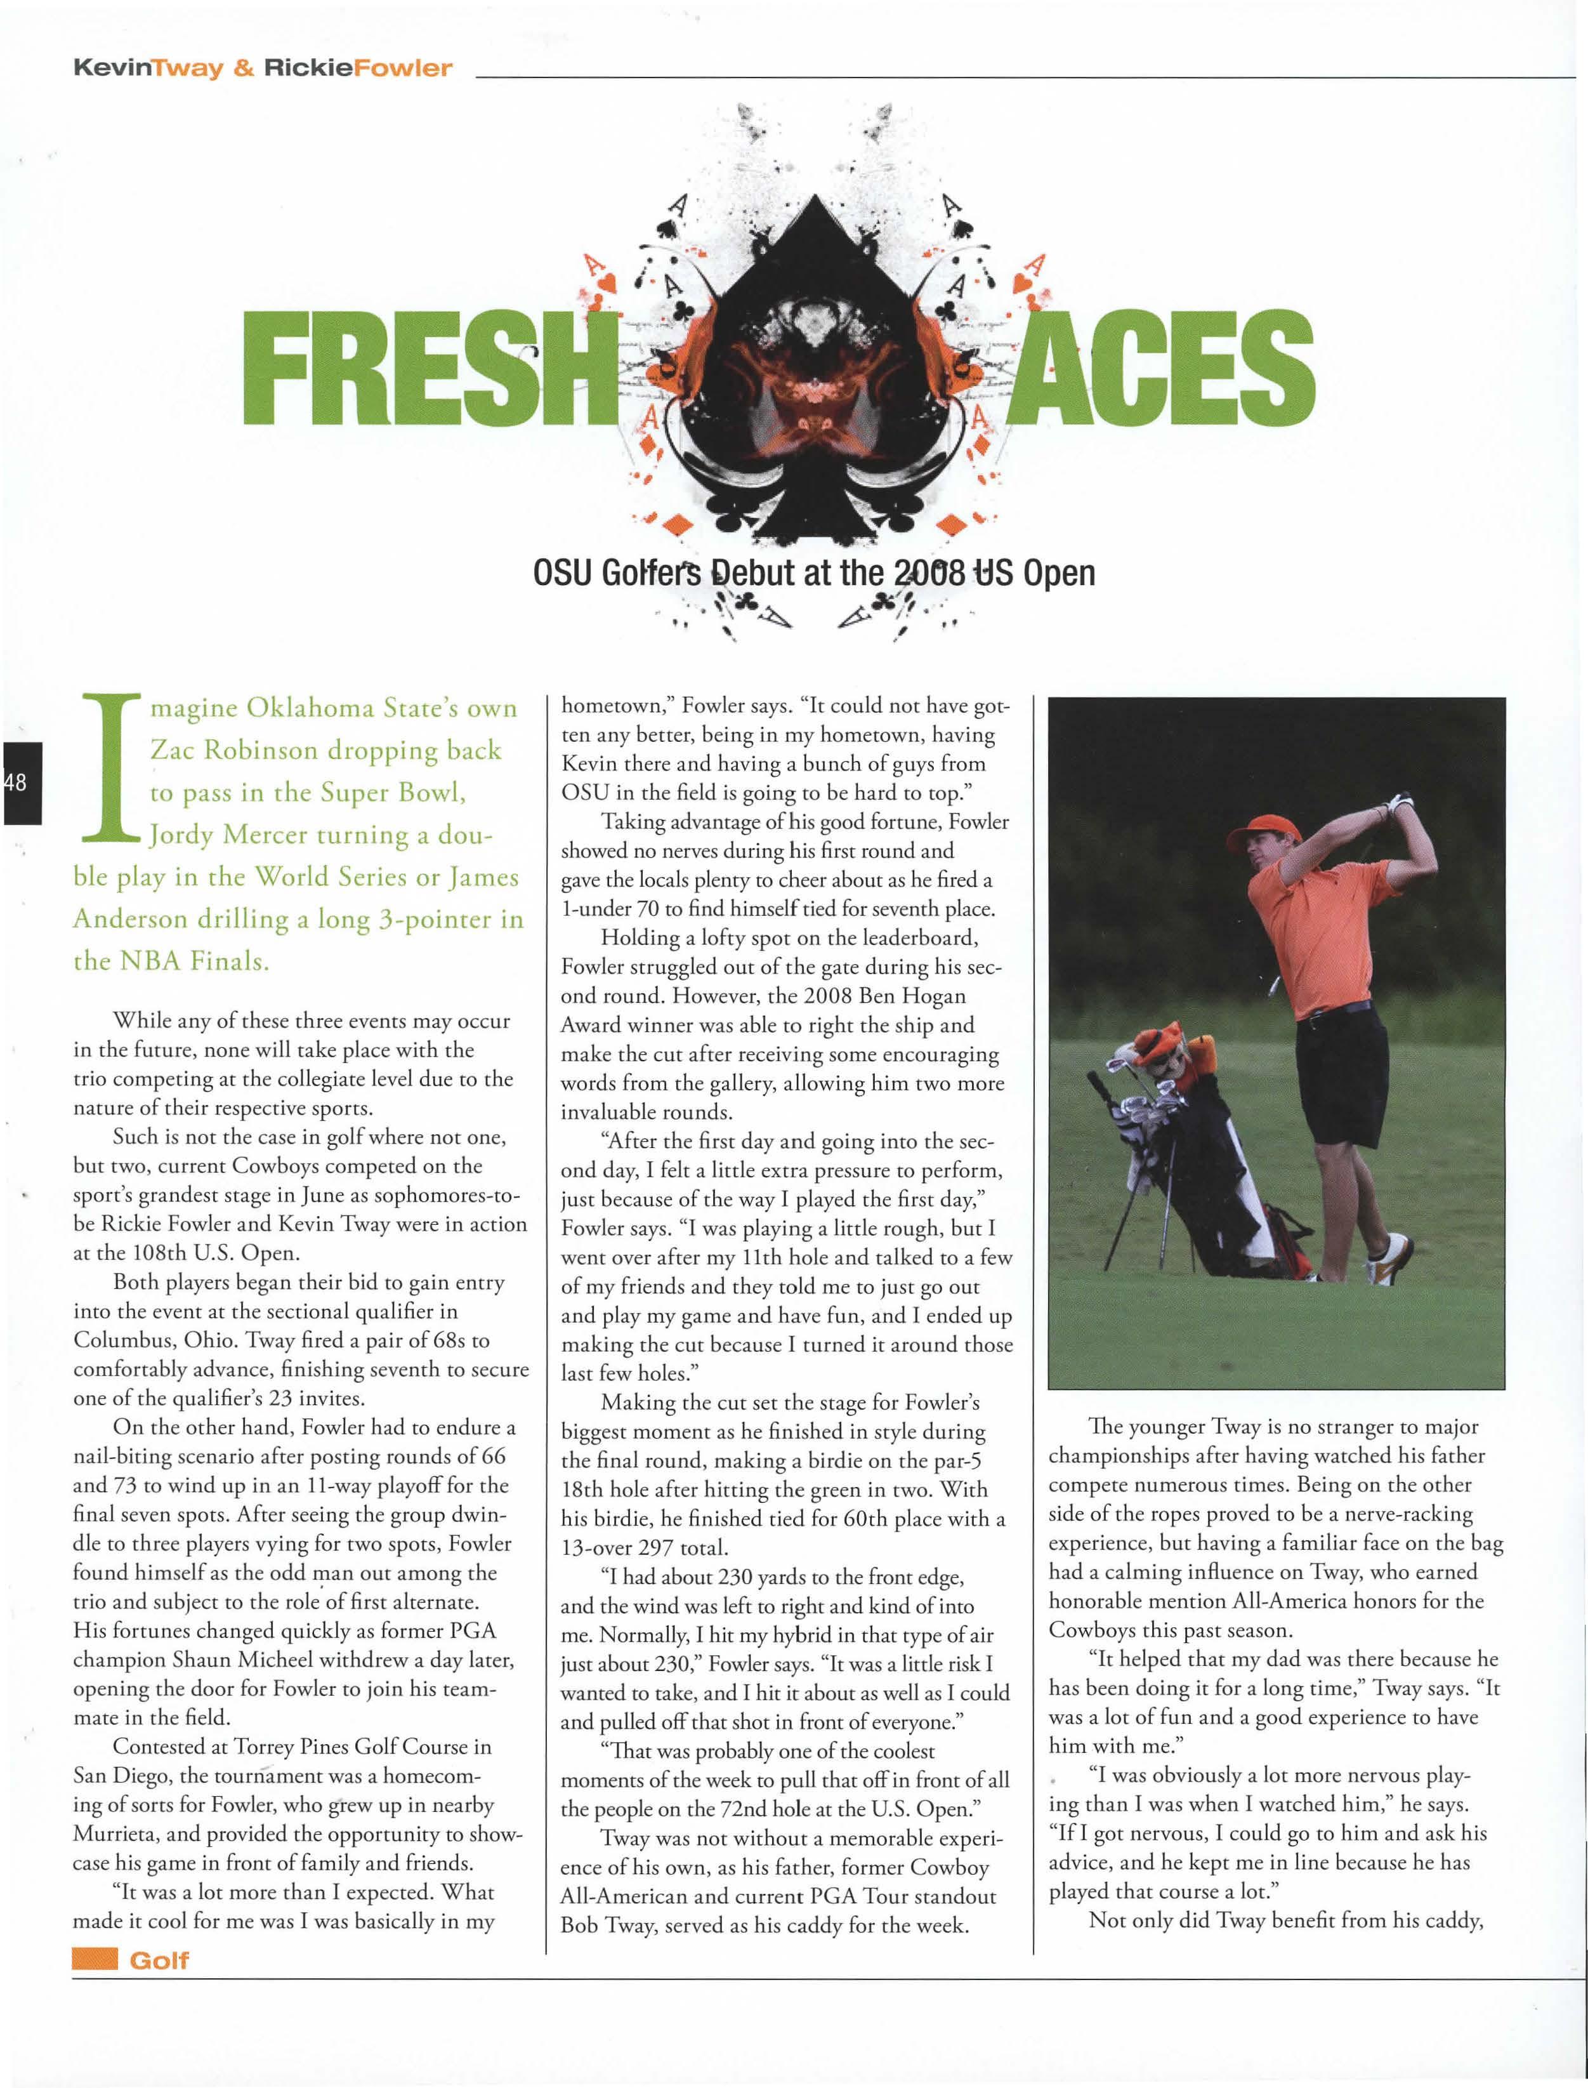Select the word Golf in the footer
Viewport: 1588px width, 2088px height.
click(159, 1960)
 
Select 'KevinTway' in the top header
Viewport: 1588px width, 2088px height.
click(147, 68)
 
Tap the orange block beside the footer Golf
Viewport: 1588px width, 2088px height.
click(95, 1960)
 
